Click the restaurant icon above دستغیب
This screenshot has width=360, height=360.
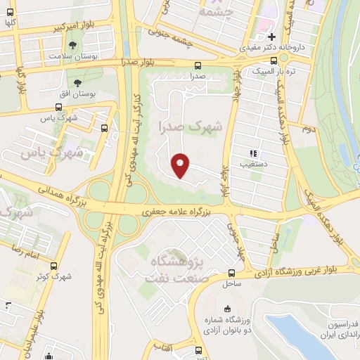click(x=252, y=153)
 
